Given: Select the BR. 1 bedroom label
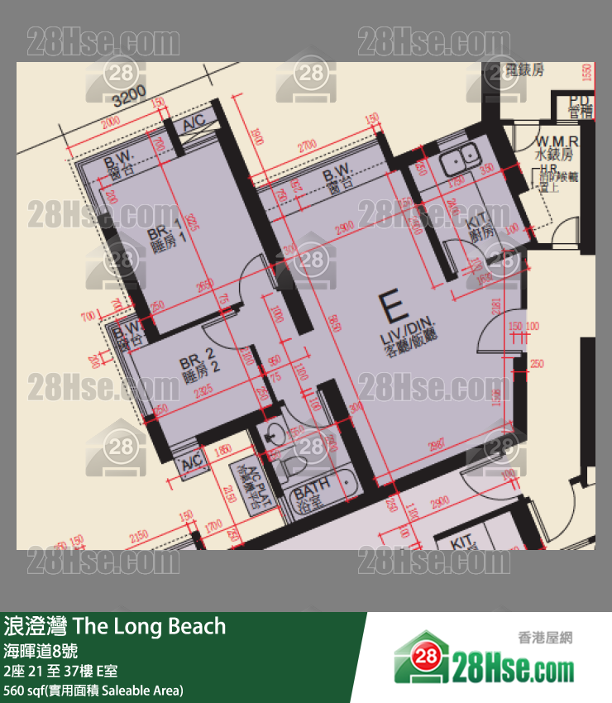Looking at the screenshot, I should coord(164,236).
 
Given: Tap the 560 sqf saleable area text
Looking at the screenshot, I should coord(93,690).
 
